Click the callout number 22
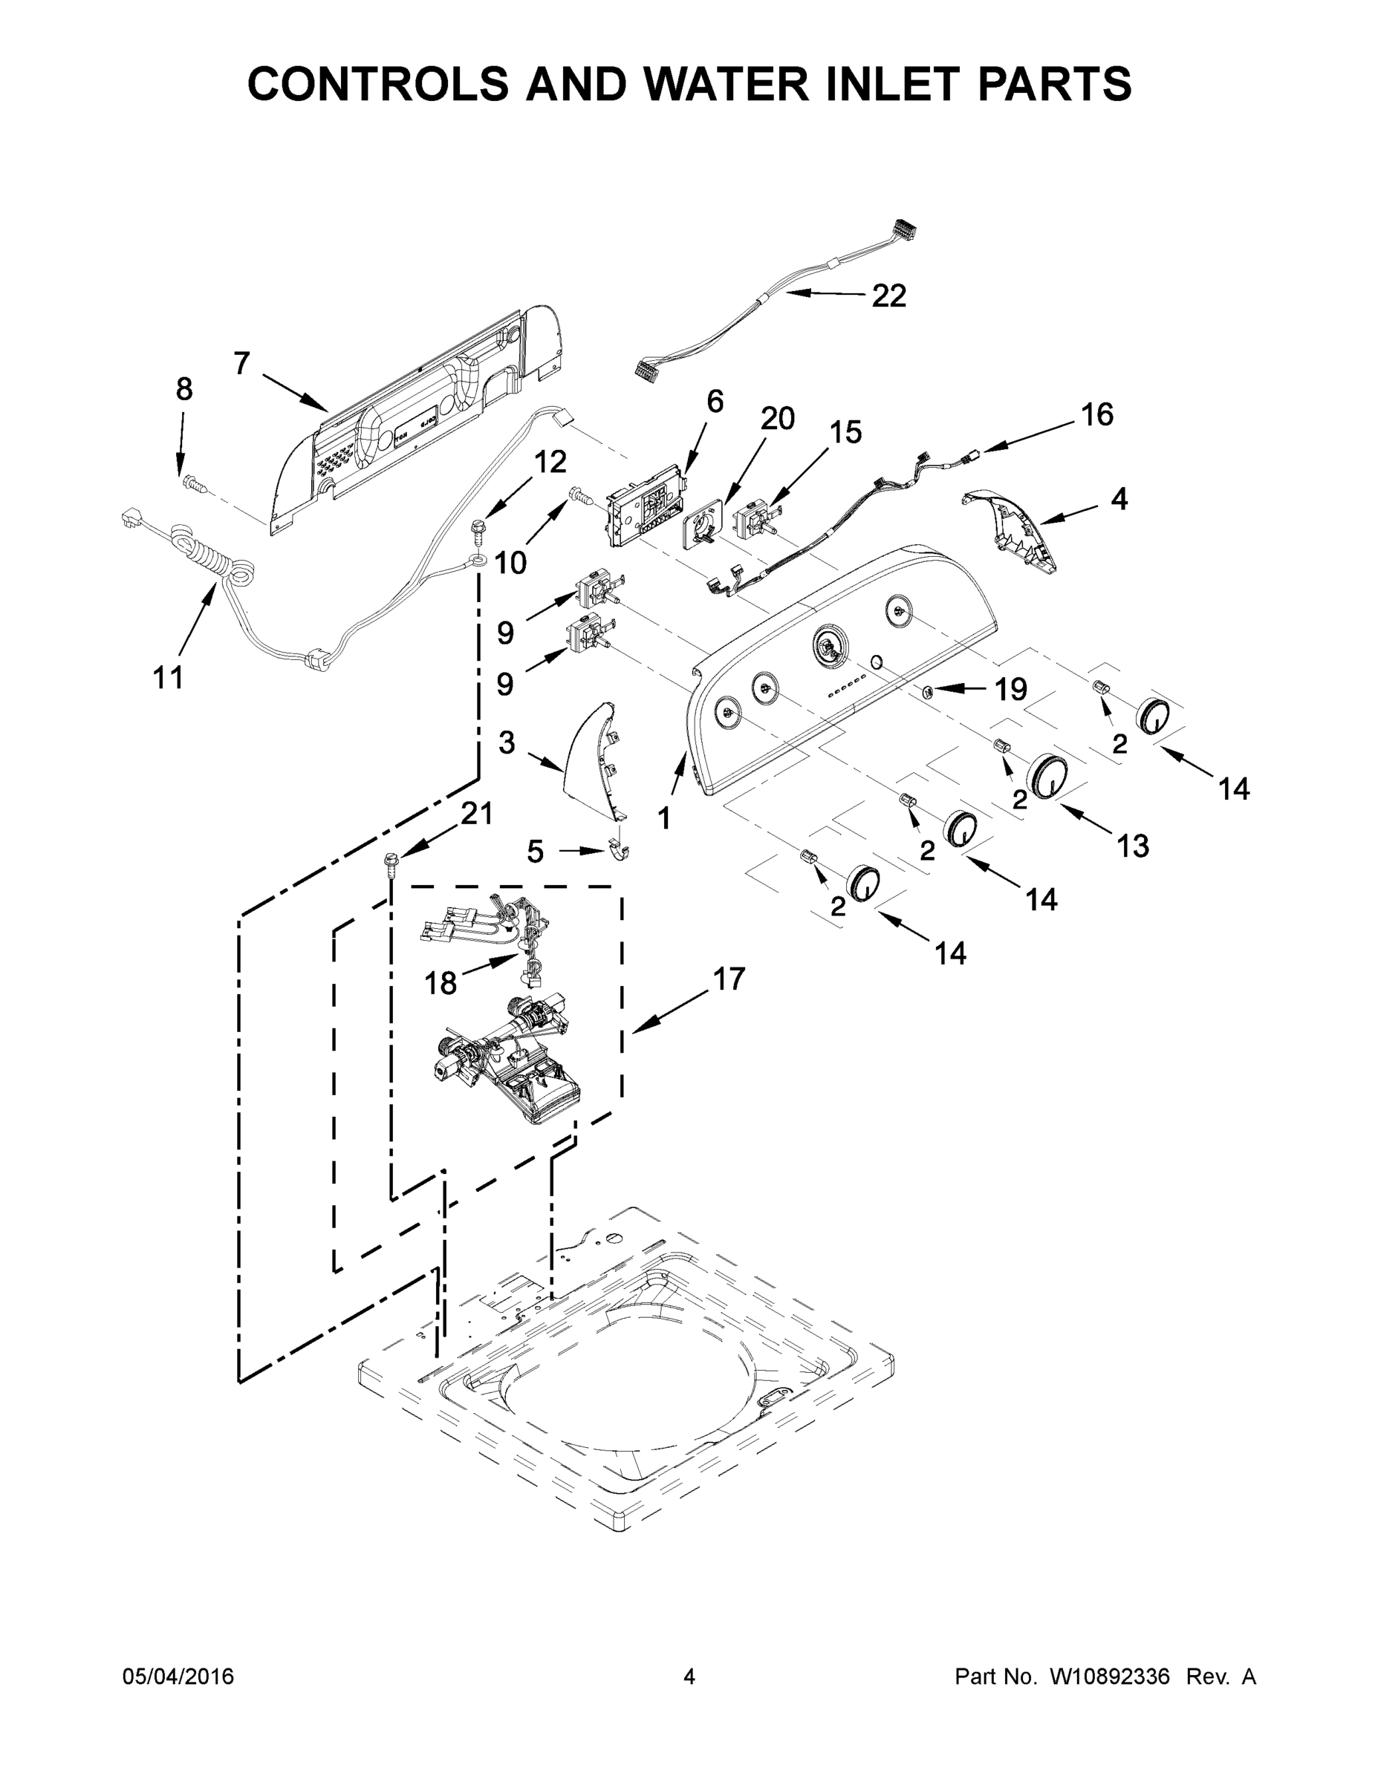click(x=888, y=296)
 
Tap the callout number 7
click(x=241, y=363)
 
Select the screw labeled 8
click(x=192, y=483)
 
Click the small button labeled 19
click(x=928, y=691)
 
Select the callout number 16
click(x=1096, y=415)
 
